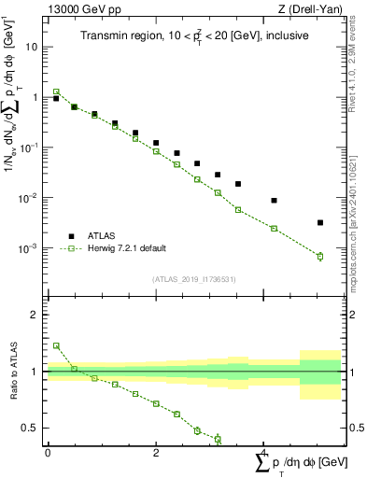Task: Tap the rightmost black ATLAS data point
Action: (x=320, y=222)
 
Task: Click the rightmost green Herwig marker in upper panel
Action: (x=320, y=256)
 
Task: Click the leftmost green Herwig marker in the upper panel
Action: (x=56, y=91)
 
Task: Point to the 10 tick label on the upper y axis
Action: (x=32, y=47)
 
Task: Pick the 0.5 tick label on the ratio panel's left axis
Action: (x=30, y=429)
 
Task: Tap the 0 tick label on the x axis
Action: (x=48, y=453)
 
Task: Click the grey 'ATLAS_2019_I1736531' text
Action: (x=193, y=279)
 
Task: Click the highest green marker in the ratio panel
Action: (x=56, y=345)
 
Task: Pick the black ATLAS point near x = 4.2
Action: (x=274, y=200)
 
